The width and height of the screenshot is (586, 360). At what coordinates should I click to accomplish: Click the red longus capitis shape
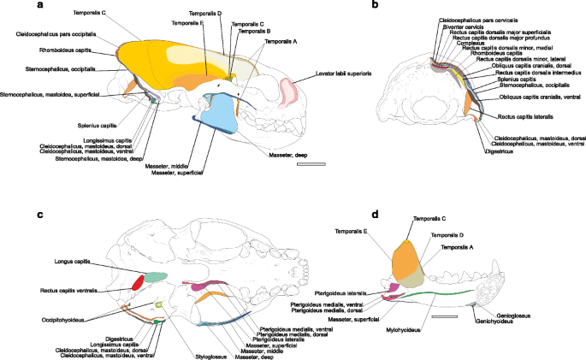coord(137,281)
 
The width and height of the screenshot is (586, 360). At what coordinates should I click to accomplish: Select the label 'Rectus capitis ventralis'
coord(66,291)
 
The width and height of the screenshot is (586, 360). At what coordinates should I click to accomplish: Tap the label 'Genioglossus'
coord(498,316)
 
